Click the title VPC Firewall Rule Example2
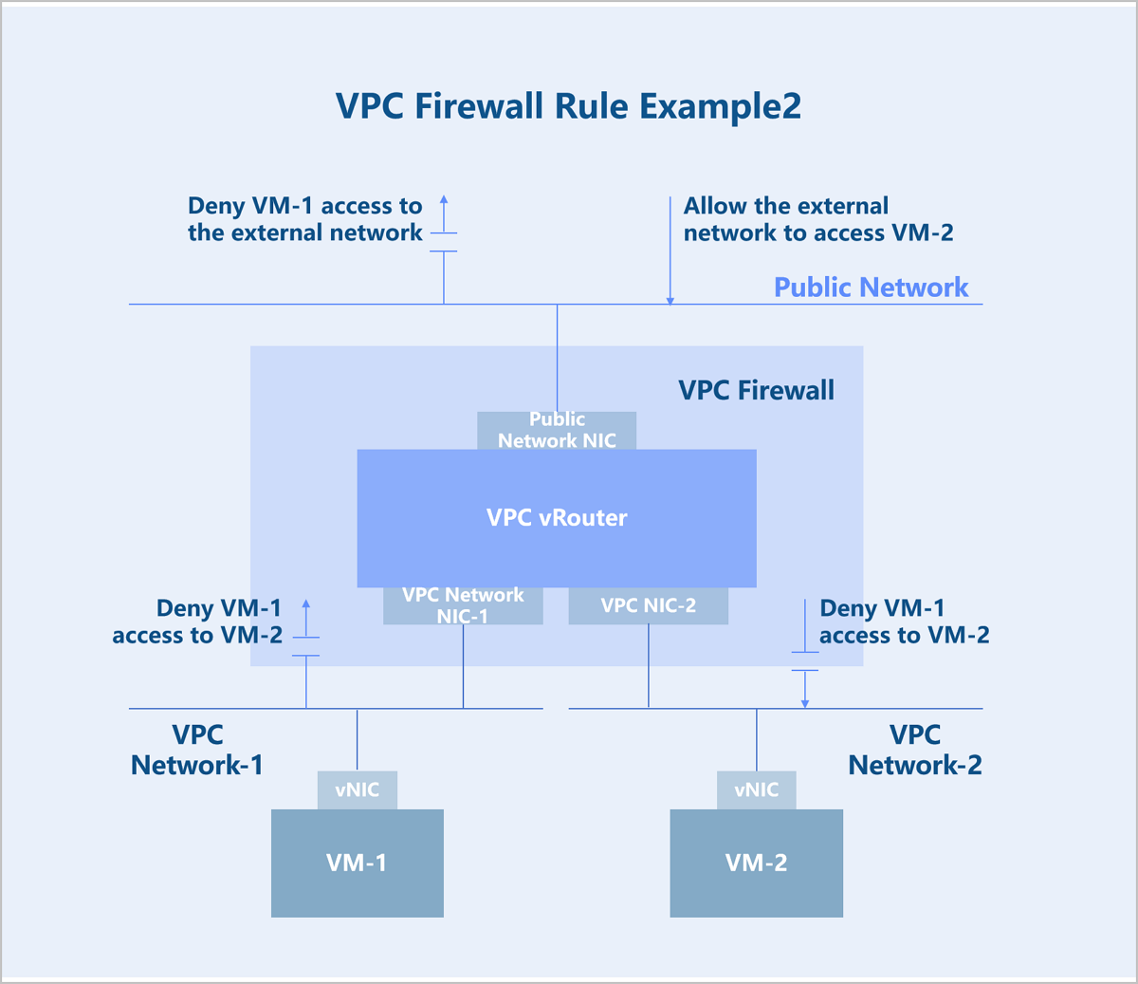[x=568, y=105]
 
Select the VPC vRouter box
[x=557, y=518]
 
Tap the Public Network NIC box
[x=557, y=430]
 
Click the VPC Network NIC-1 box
[x=463, y=605]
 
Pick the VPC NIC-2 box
[x=648, y=605]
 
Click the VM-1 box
[x=358, y=863]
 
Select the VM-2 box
[x=757, y=863]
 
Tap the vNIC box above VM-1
[x=358, y=790]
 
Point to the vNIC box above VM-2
[x=757, y=790]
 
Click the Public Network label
[x=871, y=288]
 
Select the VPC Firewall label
[x=756, y=390]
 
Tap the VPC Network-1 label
[x=197, y=750]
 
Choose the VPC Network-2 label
[x=915, y=750]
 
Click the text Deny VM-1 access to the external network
[x=305, y=219]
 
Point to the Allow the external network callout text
[x=818, y=219]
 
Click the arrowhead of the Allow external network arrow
[x=670, y=302]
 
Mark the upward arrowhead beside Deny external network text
[x=444, y=199]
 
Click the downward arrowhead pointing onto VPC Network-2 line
[x=805, y=704]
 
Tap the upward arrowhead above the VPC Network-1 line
[x=306, y=603]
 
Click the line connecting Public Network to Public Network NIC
[x=558, y=358]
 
